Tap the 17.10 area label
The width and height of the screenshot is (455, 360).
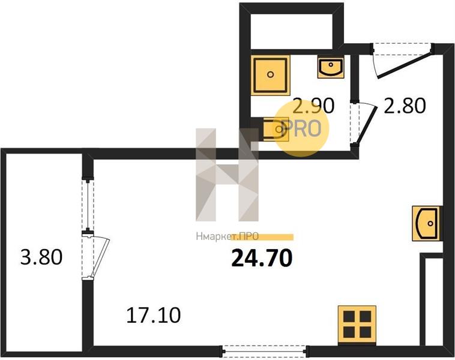tap(154, 314)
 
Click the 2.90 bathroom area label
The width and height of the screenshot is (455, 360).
tap(312, 106)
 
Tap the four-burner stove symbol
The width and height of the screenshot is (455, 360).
tap(357, 323)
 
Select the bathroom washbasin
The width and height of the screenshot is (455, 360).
tap(330, 67)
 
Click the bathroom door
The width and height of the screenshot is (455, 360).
tap(364, 123)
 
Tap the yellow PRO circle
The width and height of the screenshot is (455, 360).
tap(303, 128)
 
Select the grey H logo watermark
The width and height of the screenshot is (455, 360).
tap(227, 174)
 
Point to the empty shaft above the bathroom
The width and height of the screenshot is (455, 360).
tap(291, 26)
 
